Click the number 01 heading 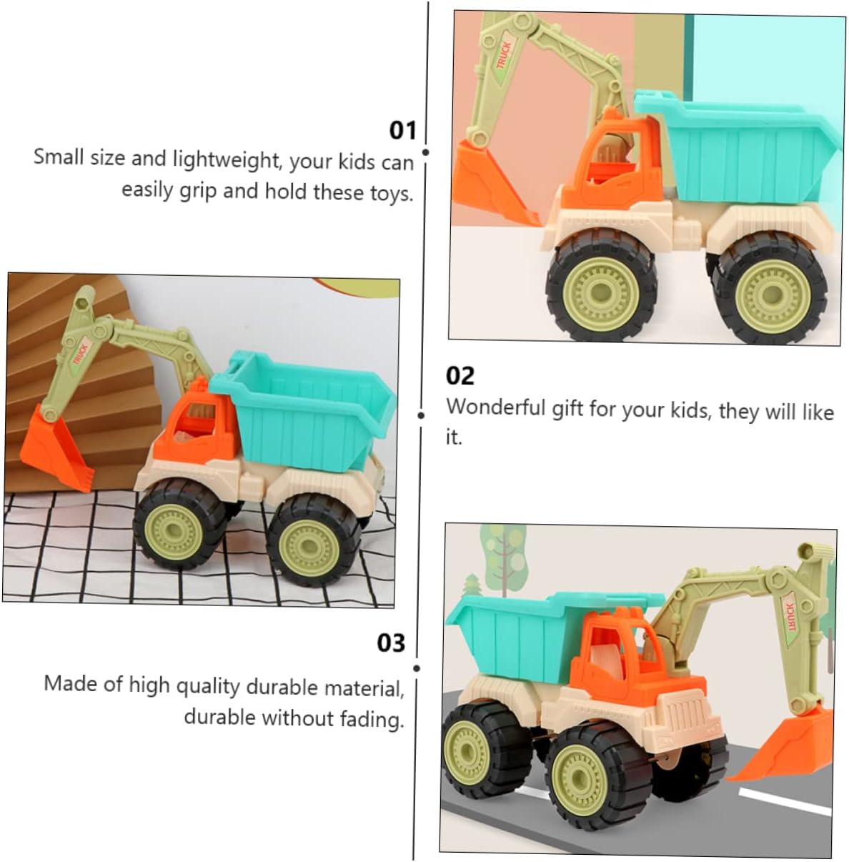tap(402, 131)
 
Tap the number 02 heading tap(460, 376)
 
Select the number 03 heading tap(390, 643)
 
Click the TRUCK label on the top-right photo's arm tap(504, 55)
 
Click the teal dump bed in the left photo tap(303, 409)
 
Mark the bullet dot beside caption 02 tap(421, 415)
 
